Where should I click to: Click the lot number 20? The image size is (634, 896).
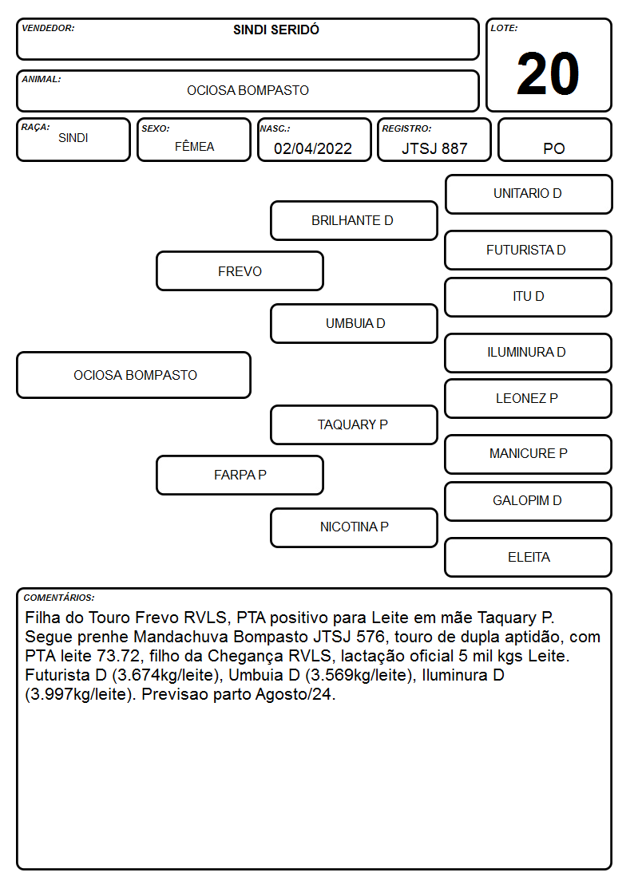[548, 73]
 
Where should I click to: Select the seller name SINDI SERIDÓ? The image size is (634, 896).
[276, 30]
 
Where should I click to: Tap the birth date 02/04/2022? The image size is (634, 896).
[313, 148]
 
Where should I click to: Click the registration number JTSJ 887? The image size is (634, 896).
[434, 148]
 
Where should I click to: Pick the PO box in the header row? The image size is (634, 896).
[554, 140]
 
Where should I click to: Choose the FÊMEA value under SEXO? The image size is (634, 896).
[194, 146]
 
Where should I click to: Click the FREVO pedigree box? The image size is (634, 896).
[240, 270]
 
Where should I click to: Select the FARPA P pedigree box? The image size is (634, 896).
[240, 475]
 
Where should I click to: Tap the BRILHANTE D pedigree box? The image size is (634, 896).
[354, 220]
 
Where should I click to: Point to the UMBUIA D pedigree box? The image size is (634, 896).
[354, 323]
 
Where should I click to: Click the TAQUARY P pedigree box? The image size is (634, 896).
[354, 424]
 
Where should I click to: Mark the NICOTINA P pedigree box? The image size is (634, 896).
[354, 527]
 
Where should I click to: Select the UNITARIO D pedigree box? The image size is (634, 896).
[529, 195]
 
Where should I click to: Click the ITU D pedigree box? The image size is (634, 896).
[529, 297]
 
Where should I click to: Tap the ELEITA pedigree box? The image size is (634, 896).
[529, 557]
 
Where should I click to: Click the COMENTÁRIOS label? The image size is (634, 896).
[59, 598]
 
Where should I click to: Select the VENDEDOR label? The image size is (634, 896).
[48, 28]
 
